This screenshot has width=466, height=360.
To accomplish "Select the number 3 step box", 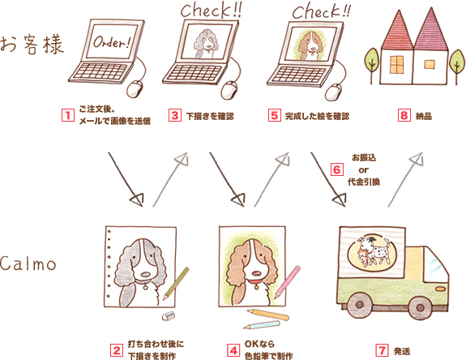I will tap(174, 115).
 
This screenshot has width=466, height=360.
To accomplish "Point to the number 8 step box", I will tap(403, 115).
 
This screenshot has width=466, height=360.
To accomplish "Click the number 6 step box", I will tap(337, 170).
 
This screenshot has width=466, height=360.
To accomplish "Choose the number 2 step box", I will tap(116, 351).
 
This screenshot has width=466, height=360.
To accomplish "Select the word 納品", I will tap(424, 116).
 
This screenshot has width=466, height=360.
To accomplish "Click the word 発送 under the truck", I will tap(402, 351).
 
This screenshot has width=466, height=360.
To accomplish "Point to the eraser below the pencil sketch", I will tap(169, 315).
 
